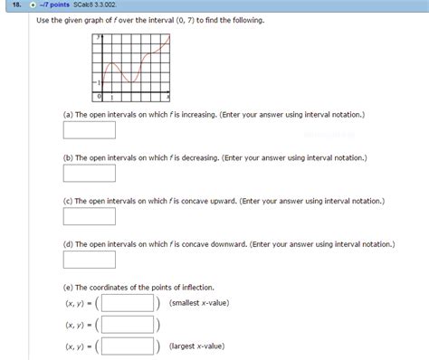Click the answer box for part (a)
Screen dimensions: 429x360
tap(89, 130)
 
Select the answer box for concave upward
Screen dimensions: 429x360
tap(89, 216)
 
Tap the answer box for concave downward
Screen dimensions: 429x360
tap(89, 260)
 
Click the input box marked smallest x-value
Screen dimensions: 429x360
tap(127, 303)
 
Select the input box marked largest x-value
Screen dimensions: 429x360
tap(127, 345)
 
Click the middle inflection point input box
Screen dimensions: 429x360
tap(127, 324)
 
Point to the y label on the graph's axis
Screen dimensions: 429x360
tap(102, 39)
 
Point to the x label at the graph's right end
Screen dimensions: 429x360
tap(169, 95)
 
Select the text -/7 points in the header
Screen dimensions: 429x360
tap(62, 5)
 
